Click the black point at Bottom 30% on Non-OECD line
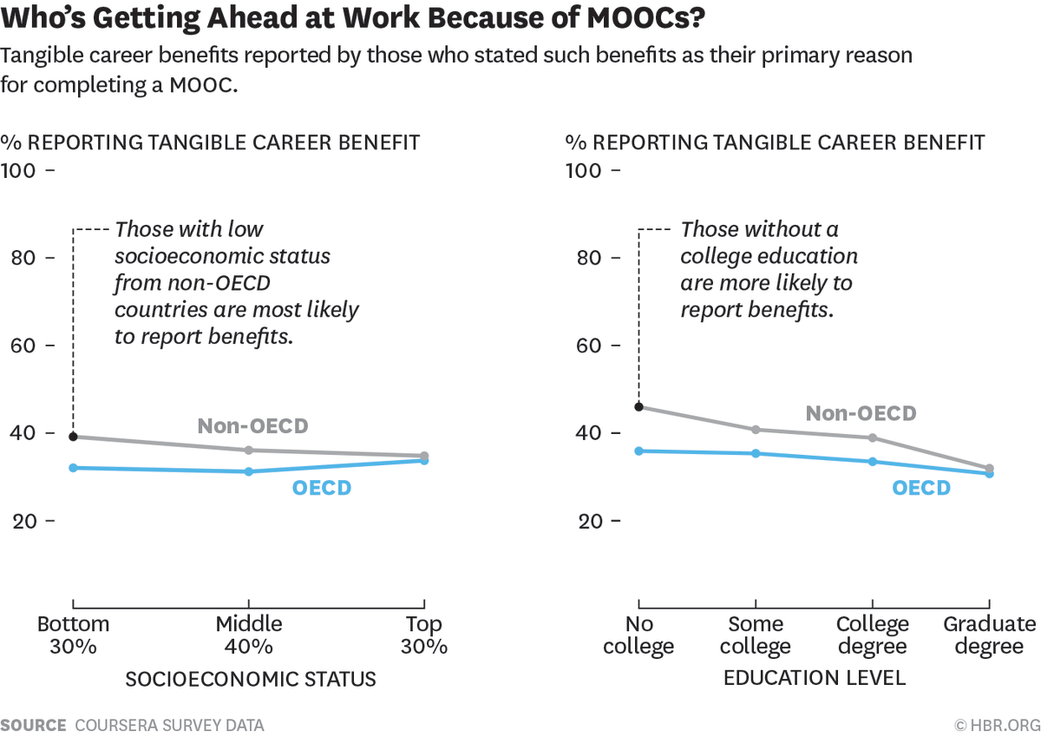[x=74, y=437]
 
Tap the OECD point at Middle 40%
[x=249, y=471]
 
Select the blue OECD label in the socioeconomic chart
[x=322, y=488]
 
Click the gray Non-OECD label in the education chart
[x=861, y=413]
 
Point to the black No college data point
[x=639, y=406]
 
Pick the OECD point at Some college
[x=756, y=453]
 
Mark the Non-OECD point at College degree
[x=873, y=438]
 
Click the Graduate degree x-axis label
[x=989, y=635]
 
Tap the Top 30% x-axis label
[x=424, y=635]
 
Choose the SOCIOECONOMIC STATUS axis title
[x=251, y=679]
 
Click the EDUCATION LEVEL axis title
[x=815, y=678]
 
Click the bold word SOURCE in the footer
[x=34, y=725]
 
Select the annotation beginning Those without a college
[x=768, y=270]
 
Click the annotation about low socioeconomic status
[x=236, y=283]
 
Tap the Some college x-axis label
[x=756, y=635]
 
